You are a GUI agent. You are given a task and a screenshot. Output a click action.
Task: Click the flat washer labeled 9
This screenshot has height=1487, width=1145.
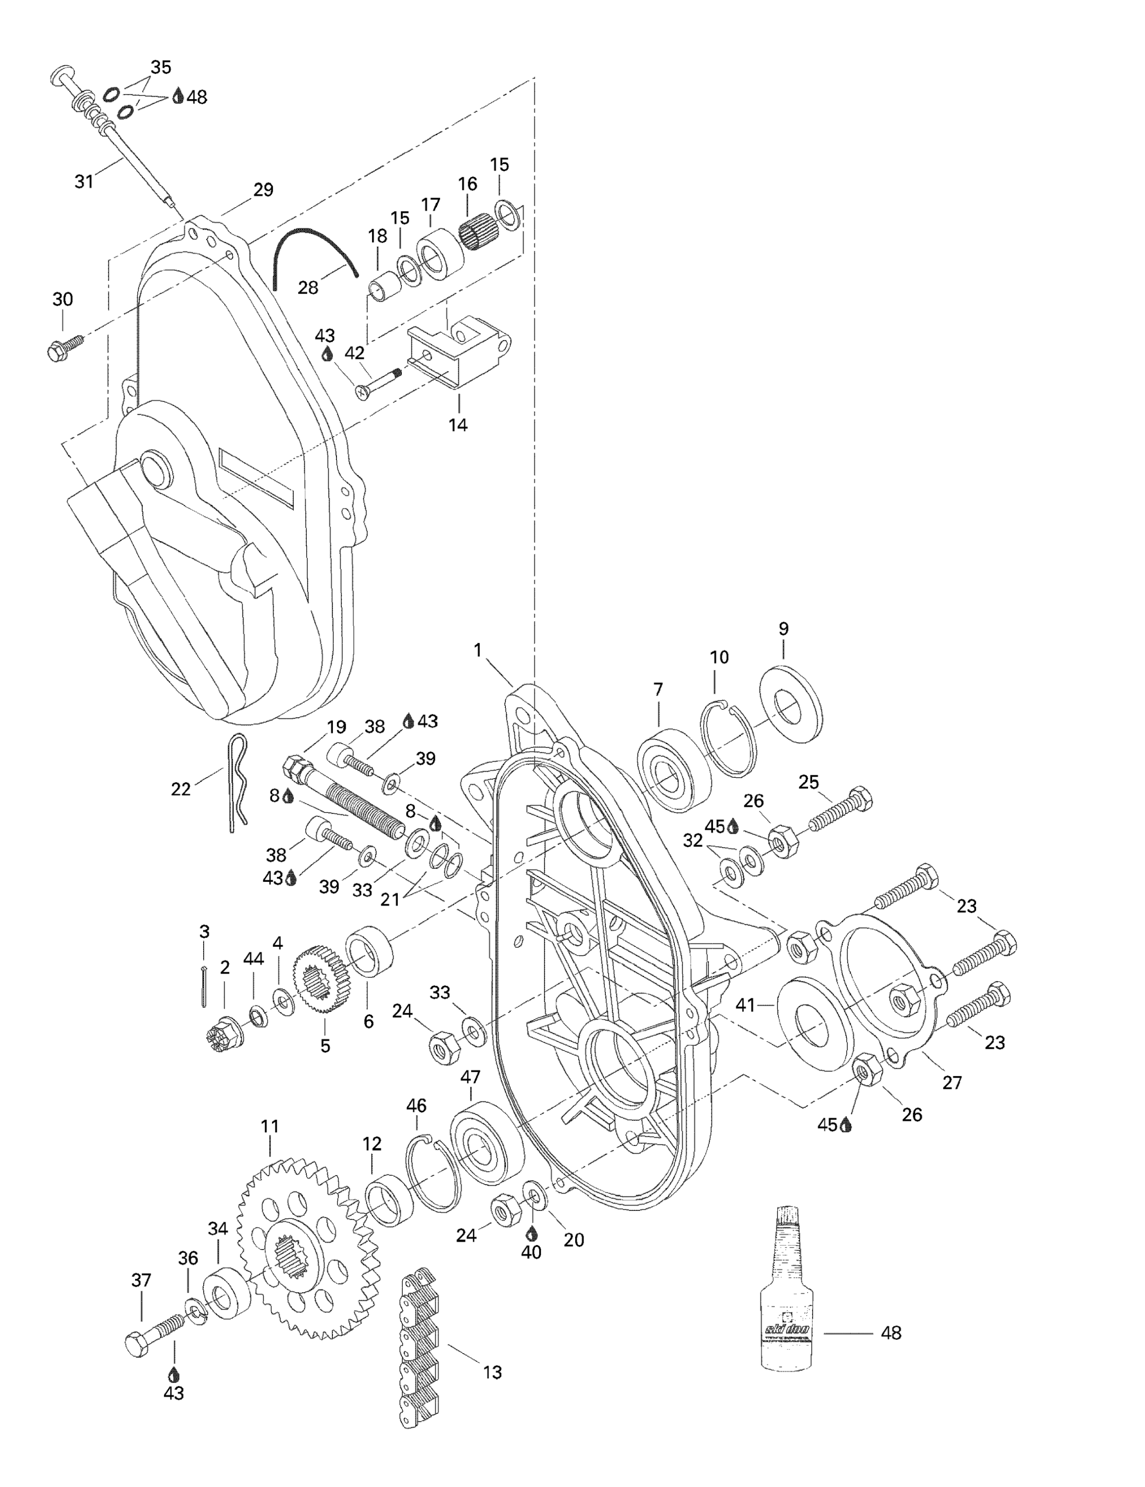790,705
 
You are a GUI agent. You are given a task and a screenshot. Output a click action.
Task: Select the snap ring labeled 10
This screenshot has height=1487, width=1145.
728,738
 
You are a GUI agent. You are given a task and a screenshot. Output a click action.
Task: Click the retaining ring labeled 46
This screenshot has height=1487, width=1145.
433,1171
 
